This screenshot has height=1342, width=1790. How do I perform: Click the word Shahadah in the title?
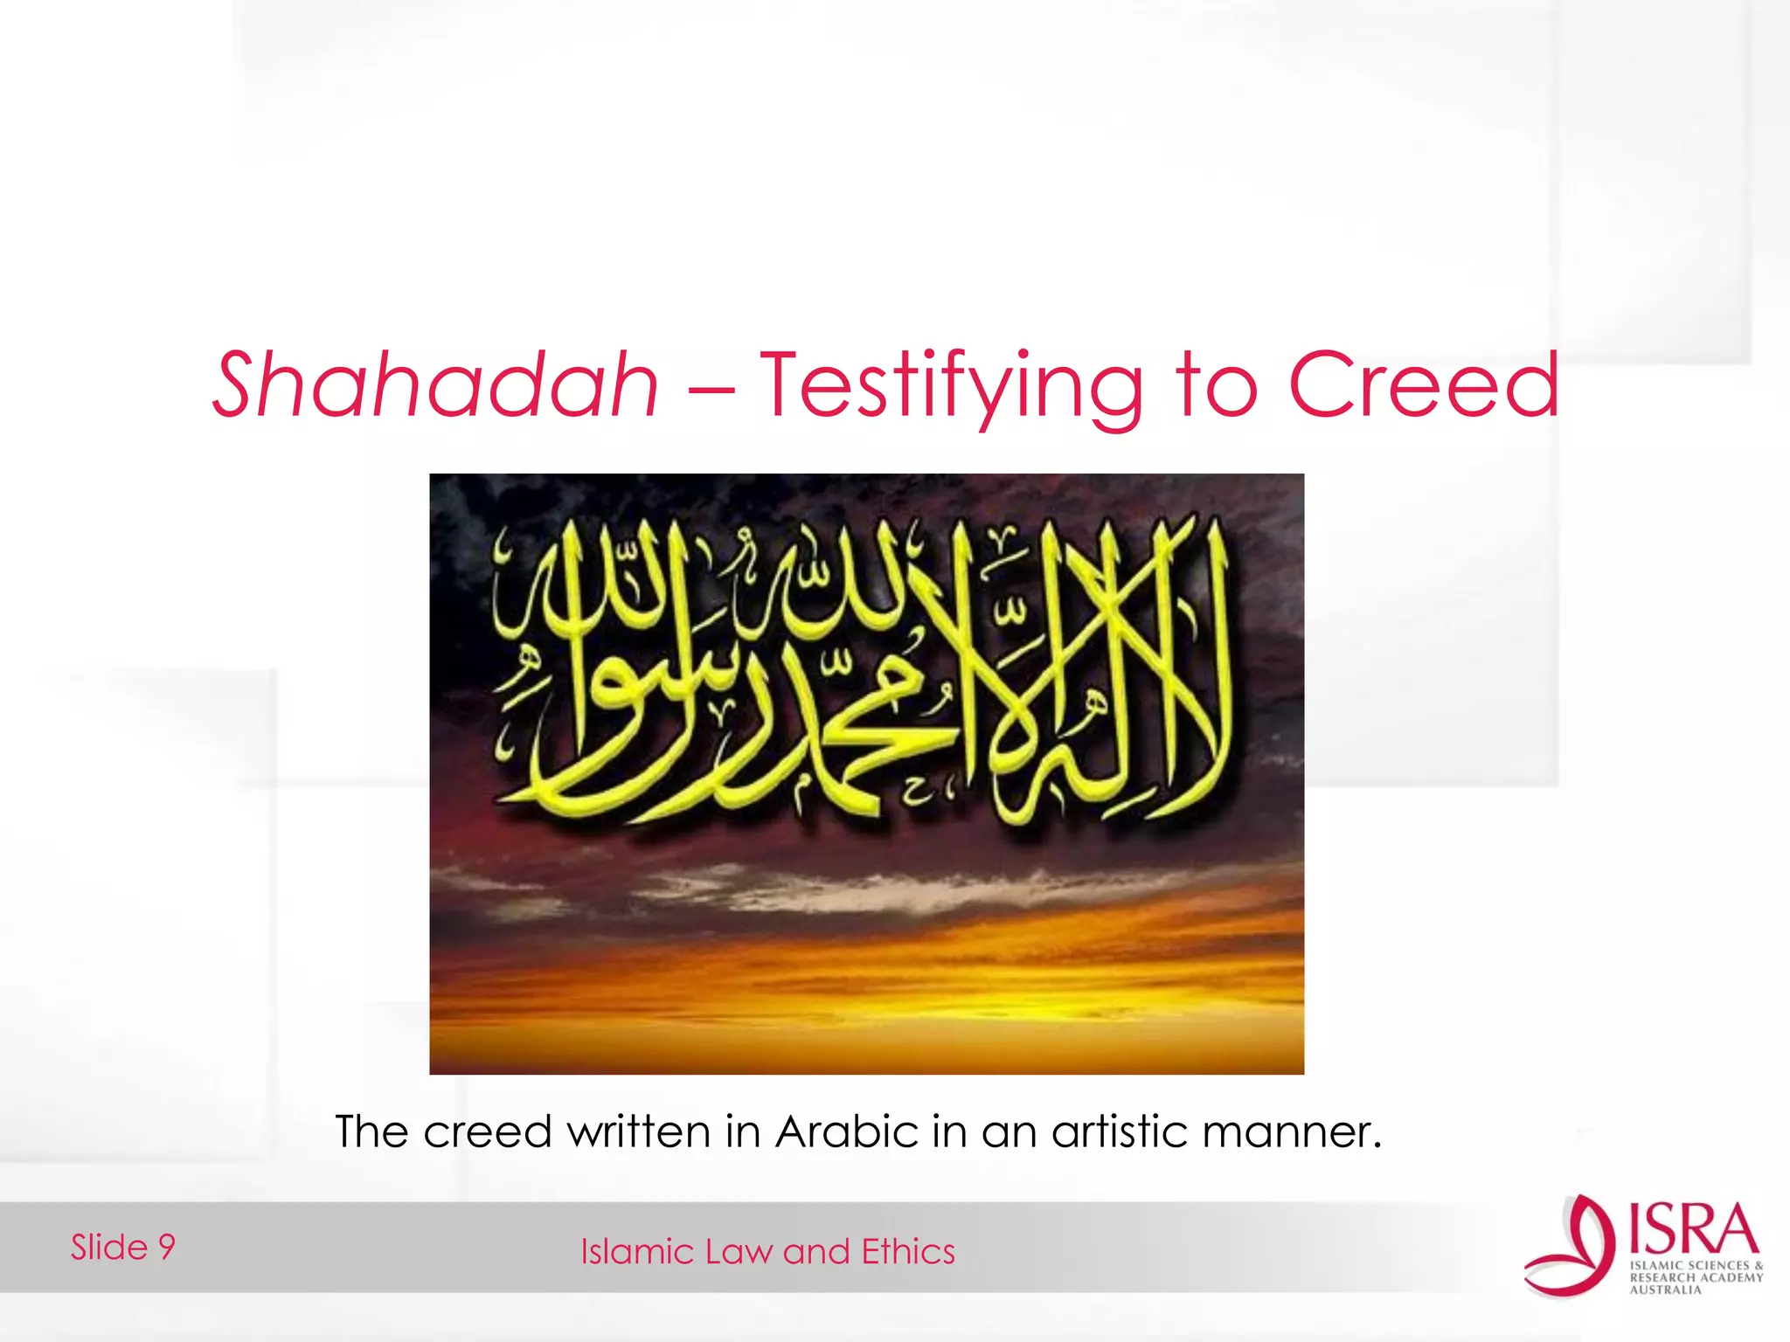click(435, 384)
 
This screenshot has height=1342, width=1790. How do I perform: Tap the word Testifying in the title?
click(950, 386)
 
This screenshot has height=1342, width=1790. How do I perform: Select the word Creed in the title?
click(1424, 384)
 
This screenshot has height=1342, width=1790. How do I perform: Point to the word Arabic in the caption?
click(846, 1132)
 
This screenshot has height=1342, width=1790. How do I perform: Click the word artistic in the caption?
click(1118, 1132)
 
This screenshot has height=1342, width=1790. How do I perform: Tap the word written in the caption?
click(639, 1132)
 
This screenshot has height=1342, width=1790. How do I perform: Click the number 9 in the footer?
click(166, 1247)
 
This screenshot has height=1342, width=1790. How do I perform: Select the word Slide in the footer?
click(109, 1247)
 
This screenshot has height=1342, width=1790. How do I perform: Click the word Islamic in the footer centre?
click(637, 1252)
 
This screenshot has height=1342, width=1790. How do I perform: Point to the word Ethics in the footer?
click(908, 1252)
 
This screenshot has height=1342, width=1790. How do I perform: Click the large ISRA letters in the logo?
click(1694, 1229)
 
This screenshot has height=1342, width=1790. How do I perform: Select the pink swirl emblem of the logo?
click(1571, 1246)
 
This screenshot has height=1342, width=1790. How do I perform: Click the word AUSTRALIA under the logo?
click(1665, 1290)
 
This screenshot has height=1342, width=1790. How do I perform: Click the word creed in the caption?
click(487, 1132)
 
